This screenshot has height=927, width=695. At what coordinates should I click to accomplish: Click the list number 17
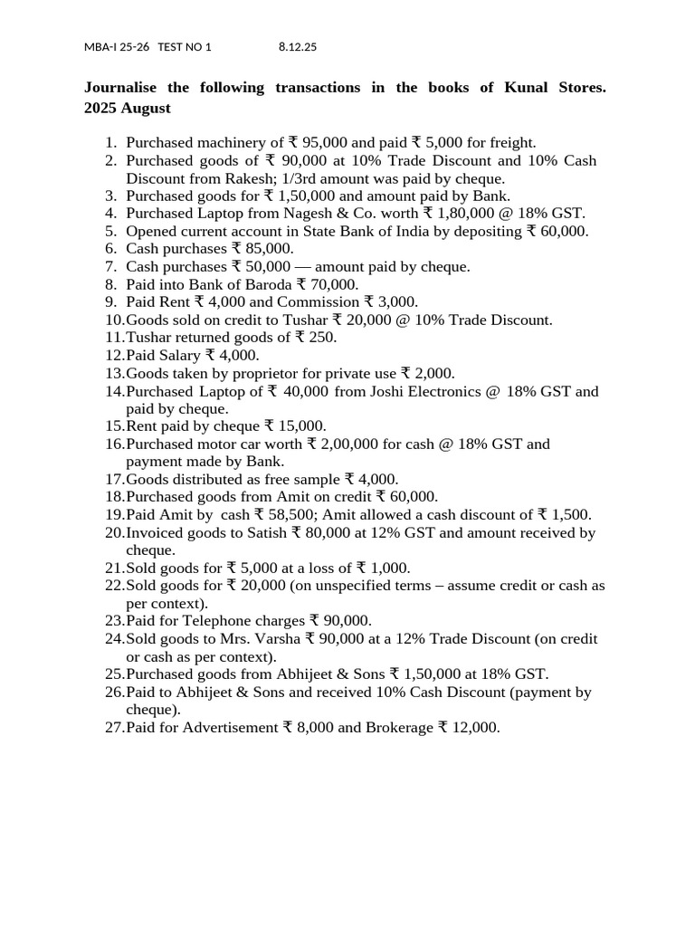click(114, 480)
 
